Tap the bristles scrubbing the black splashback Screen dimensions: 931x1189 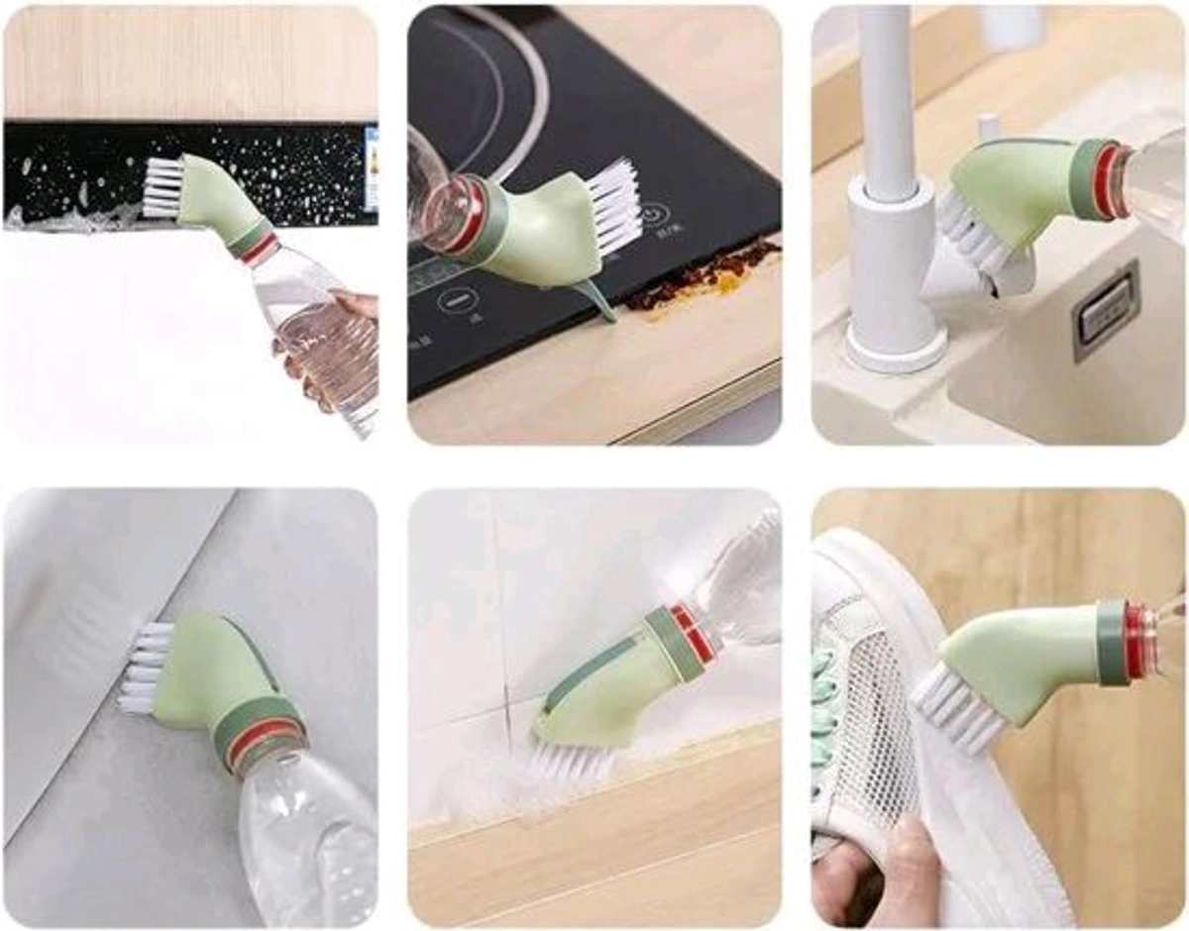click(163, 188)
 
